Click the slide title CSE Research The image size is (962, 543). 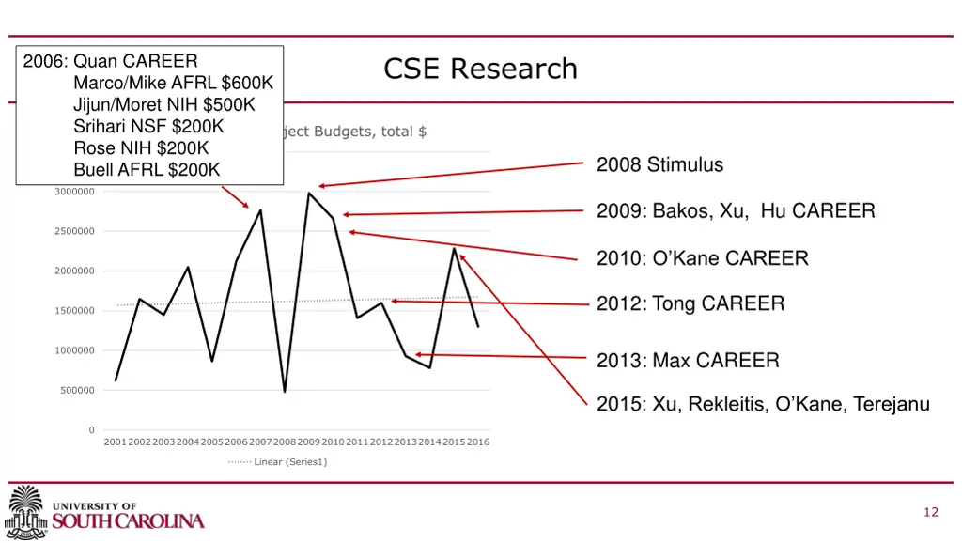point(480,69)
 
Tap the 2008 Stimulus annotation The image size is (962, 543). point(659,165)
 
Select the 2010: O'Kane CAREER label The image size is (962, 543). point(702,258)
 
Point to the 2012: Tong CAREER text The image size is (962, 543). point(690,303)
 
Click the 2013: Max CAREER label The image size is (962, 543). point(688,360)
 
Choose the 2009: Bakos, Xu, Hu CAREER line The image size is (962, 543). point(736,211)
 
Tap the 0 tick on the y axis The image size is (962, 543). point(91,430)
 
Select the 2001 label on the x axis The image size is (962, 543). point(115,442)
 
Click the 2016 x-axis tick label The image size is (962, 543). point(477,442)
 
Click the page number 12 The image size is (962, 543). point(931,512)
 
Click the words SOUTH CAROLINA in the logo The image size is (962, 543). point(128,520)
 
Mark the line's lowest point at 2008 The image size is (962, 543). point(285,391)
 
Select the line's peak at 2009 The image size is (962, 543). point(309,194)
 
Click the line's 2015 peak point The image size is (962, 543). point(454,248)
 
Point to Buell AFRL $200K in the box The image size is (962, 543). point(147,169)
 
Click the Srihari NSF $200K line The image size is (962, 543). point(148,126)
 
